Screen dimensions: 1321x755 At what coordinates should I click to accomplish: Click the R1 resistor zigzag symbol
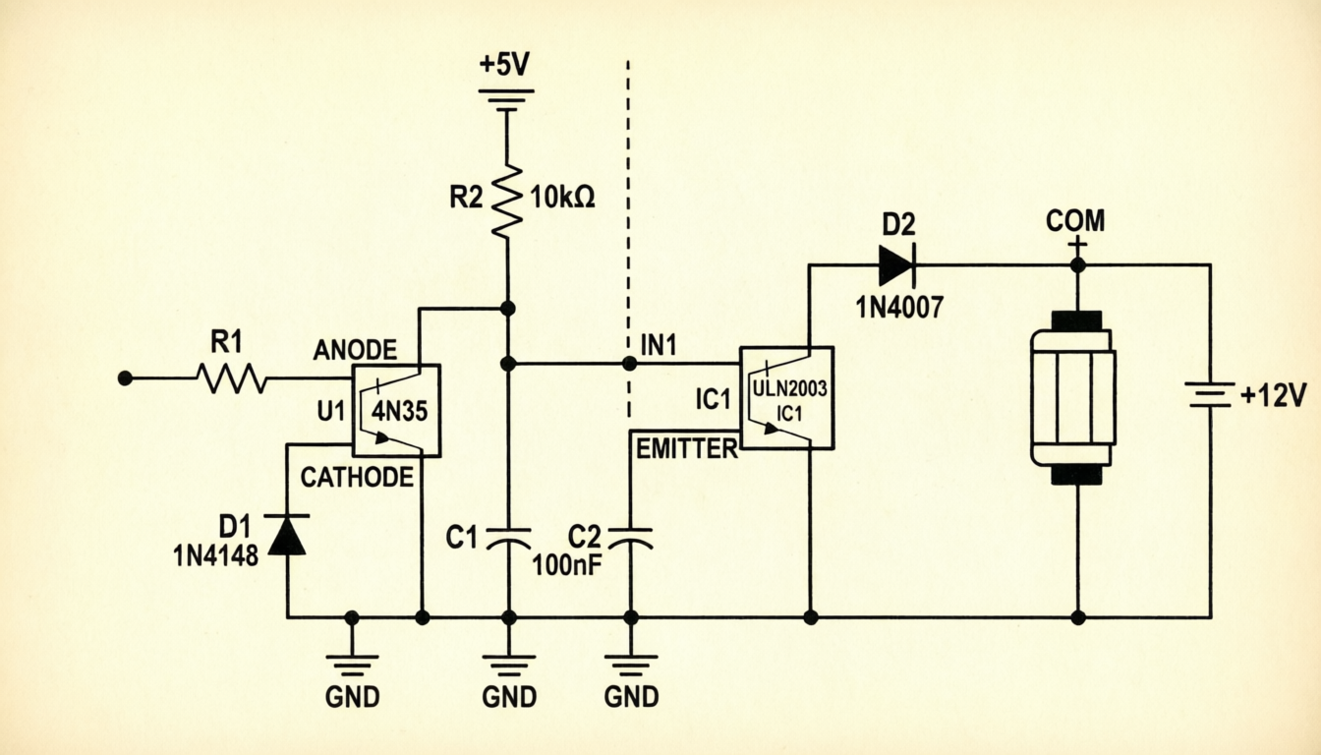click(x=231, y=378)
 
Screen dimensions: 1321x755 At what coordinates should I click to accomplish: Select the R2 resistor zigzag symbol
click(x=507, y=202)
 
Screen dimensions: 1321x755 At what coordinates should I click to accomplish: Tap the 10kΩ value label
click(x=562, y=198)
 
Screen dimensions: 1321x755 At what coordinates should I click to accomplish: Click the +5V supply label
click(x=505, y=64)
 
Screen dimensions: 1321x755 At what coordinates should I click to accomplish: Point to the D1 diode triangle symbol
click(x=287, y=535)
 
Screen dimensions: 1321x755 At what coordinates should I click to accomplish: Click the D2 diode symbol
click(x=896, y=264)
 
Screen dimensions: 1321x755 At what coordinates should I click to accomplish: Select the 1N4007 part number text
click(x=899, y=307)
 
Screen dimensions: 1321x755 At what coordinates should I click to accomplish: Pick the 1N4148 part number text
click(x=216, y=555)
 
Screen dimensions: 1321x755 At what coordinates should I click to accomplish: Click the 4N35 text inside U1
click(x=399, y=411)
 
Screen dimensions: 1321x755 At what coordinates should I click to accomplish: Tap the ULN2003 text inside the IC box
click(x=790, y=388)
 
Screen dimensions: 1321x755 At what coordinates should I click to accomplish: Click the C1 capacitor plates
click(x=508, y=539)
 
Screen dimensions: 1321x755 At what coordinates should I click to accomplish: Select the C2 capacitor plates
click(x=630, y=539)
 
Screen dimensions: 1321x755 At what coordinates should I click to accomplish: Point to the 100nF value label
click(x=567, y=565)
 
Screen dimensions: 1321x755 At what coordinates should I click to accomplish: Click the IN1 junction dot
click(x=629, y=364)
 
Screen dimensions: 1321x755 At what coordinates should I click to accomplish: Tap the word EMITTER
click(x=687, y=449)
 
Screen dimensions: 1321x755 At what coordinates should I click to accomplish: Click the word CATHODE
click(x=357, y=477)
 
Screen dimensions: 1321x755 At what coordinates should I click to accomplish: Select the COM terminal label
click(x=1075, y=221)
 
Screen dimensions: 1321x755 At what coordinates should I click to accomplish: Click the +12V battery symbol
click(x=1210, y=394)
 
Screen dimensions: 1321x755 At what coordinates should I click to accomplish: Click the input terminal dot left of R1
click(x=125, y=378)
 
